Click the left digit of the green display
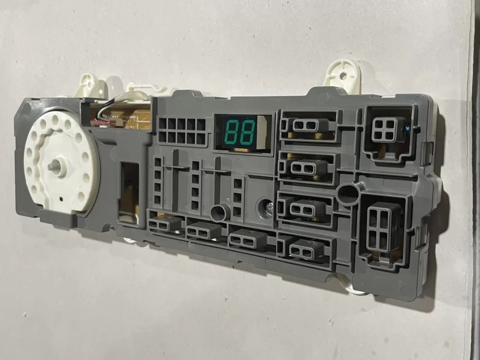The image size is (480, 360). click(x=231, y=131)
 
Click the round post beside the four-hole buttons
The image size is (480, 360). click(x=347, y=193)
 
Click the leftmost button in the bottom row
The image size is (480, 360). click(x=166, y=224)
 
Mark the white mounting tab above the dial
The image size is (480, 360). click(x=90, y=84)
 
